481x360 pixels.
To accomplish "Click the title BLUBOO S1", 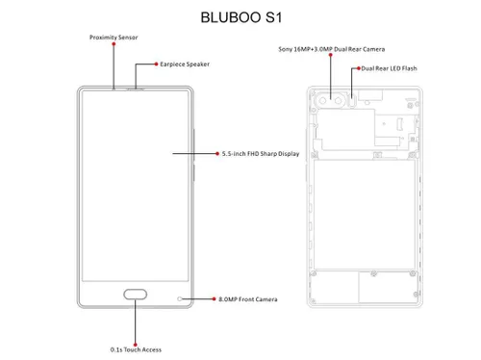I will coord(240,16).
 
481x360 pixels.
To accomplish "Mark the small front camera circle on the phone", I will coord(179,298).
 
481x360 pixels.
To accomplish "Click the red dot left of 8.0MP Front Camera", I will coord(215,299).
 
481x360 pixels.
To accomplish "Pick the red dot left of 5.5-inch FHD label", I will coord(216,153).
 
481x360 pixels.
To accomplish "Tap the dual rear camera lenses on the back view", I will coord(336,99).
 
